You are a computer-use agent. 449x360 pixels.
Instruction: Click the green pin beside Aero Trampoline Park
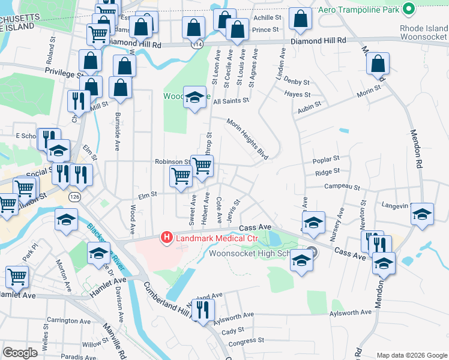(409, 8)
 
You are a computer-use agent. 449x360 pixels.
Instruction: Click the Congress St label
(241, 341)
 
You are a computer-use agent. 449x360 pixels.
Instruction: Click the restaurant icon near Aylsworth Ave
(203, 310)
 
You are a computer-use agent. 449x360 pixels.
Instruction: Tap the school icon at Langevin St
(423, 213)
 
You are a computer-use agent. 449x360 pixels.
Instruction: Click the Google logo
(20, 353)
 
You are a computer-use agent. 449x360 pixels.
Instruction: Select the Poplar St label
(326, 159)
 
